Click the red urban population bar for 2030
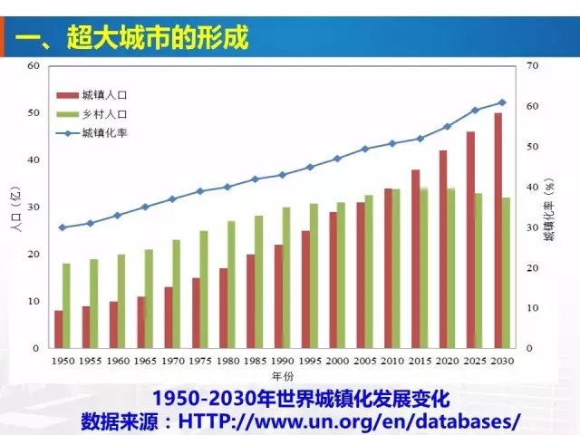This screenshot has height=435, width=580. pyautogui.click(x=498, y=230)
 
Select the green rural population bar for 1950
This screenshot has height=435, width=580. pyautogui.click(x=66, y=305)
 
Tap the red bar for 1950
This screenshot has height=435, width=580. pyautogui.click(x=58, y=329)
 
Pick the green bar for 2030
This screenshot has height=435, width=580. pyautogui.click(x=506, y=273)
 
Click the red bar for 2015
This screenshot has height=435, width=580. pyautogui.click(x=415, y=258)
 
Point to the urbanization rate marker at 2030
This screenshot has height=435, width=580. pyautogui.click(x=501, y=102)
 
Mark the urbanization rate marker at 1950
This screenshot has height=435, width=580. pyautogui.click(x=62, y=227)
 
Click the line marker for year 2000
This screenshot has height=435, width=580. pyautogui.click(x=337, y=159)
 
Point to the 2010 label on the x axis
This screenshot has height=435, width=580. pyautogui.click(x=392, y=361)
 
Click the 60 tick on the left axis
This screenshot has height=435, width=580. pyautogui.click(x=34, y=66)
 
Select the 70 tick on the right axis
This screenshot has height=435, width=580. pyautogui.click(x=533, y=66)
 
